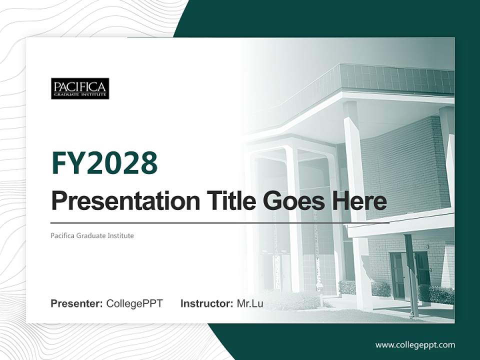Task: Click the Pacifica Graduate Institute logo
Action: click(x=80, y=88)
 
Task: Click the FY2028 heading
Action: click(x=104, y=163)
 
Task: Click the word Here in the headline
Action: click(x=359, y=201)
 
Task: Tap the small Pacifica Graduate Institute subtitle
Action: click(x=92, y=235)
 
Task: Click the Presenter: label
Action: click(x=76, y=303)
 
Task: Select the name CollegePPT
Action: click(x=134, y=303)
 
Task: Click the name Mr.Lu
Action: click(x=250, y=303)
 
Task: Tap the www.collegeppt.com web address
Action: click(x=415, y=344)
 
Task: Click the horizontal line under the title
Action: click(x=220, y=222)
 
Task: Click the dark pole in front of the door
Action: click(x=411, y=275)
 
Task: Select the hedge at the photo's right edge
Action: click(x=442, y=295)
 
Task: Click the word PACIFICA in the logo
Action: click(x=80, y=86)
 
